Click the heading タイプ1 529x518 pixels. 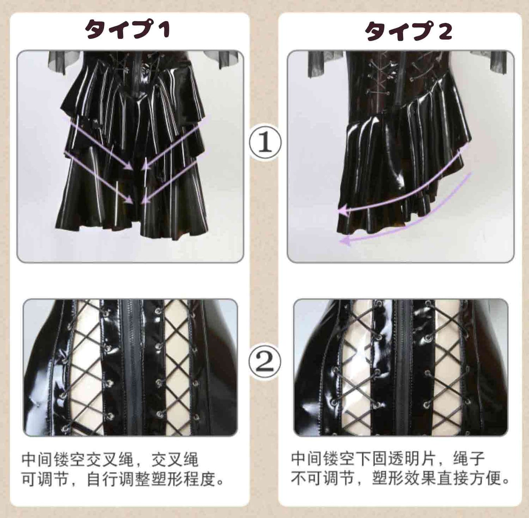128,29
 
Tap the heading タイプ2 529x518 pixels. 408,31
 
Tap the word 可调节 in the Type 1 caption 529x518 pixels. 45,479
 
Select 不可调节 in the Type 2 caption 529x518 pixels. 323,479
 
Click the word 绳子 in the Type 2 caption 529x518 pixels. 469,460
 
